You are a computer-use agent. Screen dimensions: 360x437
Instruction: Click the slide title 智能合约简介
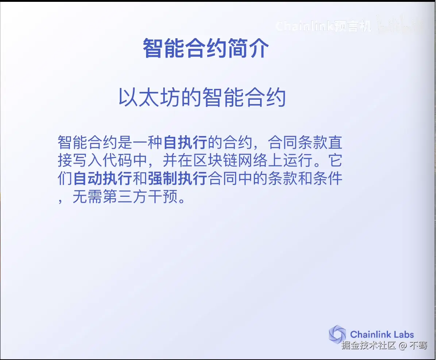206,48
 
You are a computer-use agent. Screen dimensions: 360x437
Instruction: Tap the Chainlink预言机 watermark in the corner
323,26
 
